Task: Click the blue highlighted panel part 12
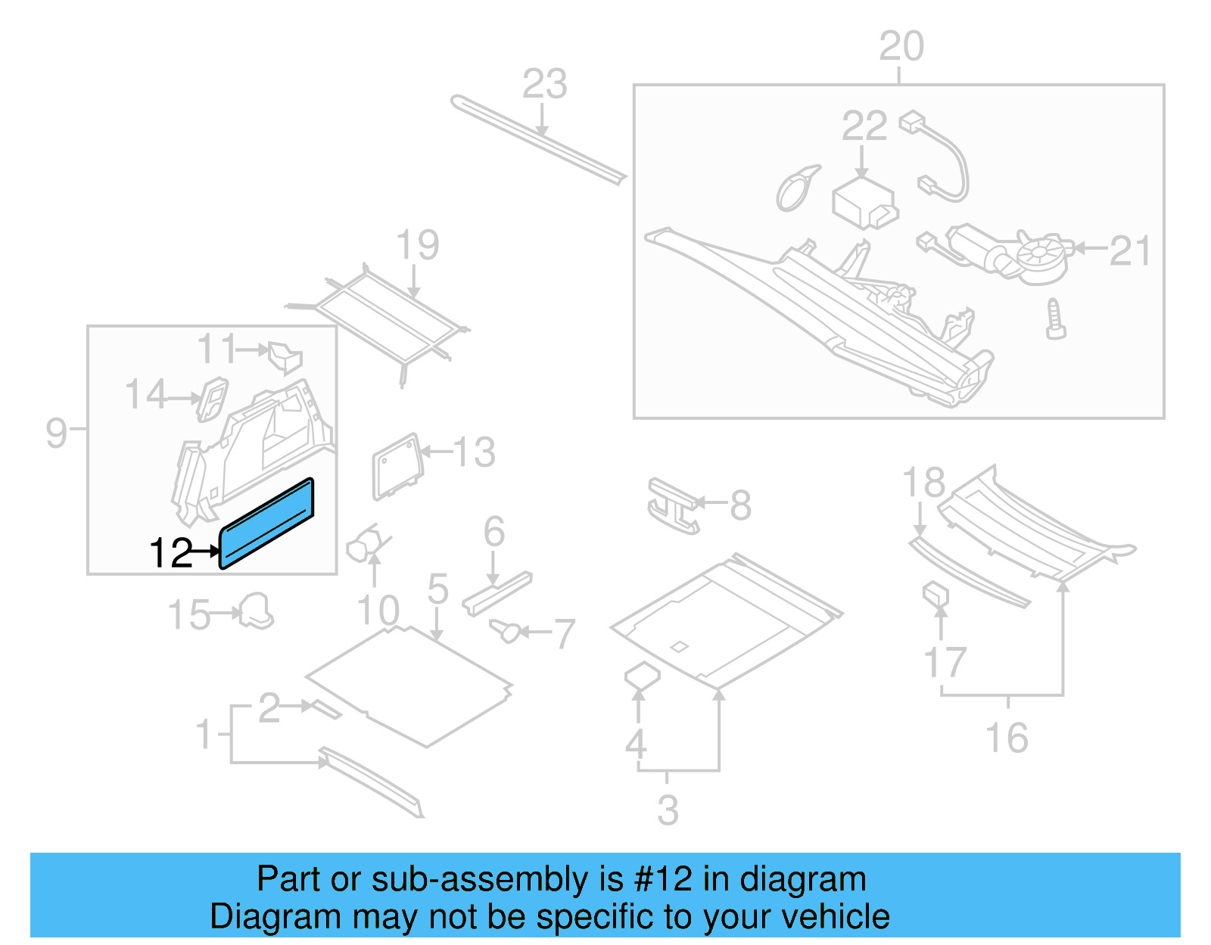coord(266,523)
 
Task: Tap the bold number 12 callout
coord(171,553)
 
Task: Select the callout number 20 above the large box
coord(901,47)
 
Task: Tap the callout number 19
coord(417,245)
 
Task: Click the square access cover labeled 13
coord(397,466)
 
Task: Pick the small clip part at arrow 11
coord(285,356)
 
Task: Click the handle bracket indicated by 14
coord(212,398)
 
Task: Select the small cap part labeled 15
coord(256,611)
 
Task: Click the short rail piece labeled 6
coord(497,594)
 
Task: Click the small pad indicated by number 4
coord(641,676)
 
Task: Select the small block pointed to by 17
coord(935,595)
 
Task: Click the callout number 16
coord(1006,738)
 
